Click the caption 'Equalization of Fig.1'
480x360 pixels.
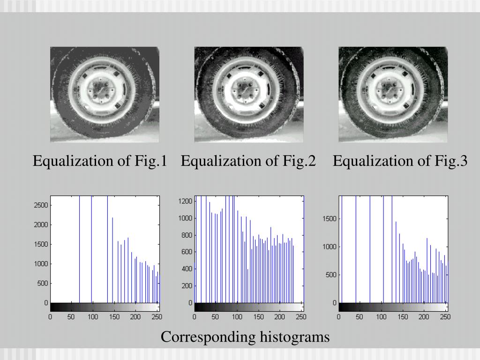tap(100, 161)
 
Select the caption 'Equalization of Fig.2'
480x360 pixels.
tap(248, 161)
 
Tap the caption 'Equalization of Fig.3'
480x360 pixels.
tap(400, 161)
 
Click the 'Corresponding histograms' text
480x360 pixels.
tap(245, 337)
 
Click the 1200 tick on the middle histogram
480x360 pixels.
tap(186, 201)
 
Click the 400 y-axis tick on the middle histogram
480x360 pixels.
tap(187, 269)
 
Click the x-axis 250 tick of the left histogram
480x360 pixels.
tap(157, 317)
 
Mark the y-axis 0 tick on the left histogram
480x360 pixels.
tap(46, 303)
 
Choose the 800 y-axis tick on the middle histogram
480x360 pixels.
tap(187, 235)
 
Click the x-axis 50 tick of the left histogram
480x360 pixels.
tap(72, 317)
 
